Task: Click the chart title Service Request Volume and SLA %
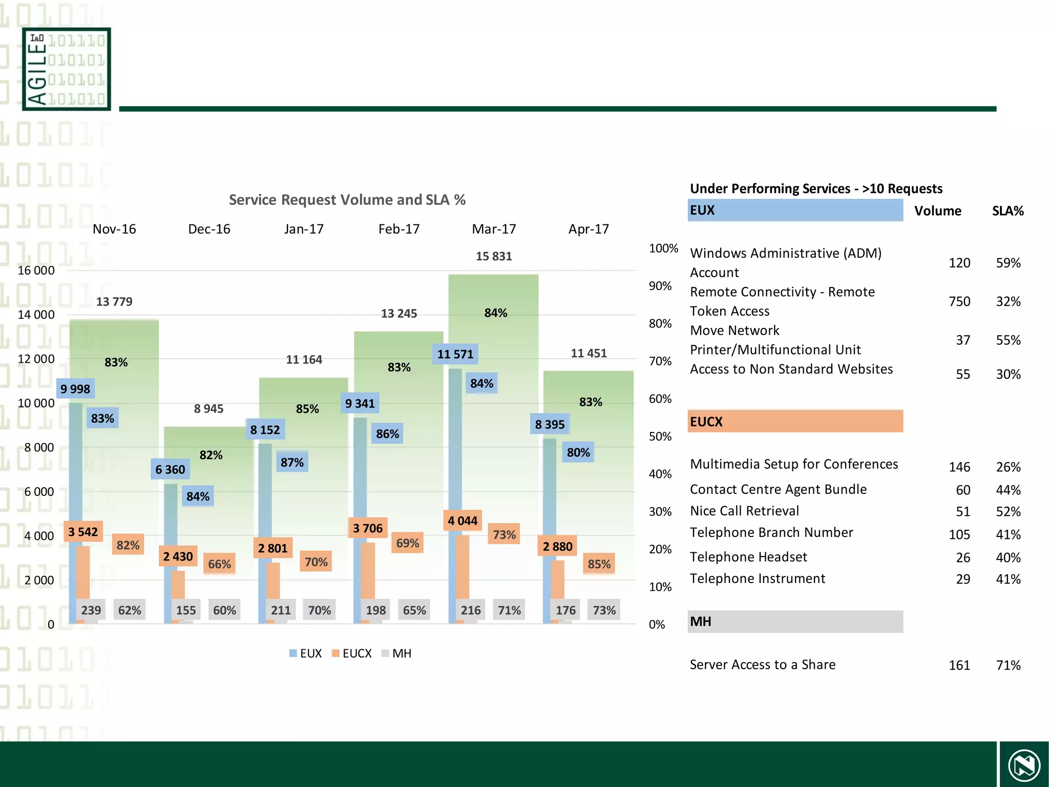(347, 199)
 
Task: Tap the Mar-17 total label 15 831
(494, 256)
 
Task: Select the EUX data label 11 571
(455, 354)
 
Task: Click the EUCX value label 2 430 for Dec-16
(178, 556)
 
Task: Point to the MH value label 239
(91, 610)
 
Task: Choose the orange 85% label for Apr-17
(599, 564)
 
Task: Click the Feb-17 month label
(398, 229)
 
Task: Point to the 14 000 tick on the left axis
(36, 315)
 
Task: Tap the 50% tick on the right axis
(660, 437)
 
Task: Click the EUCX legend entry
(352, 653)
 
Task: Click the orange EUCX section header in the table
(795, 422)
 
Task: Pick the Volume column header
(937, 211)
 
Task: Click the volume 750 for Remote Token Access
(959, 301)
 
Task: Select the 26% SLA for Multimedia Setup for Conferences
(1008, 467)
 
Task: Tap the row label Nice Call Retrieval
(744, 511)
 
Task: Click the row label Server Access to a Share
(762, 665)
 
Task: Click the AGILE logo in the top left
(67, 69)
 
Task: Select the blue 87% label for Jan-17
(292, 463)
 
